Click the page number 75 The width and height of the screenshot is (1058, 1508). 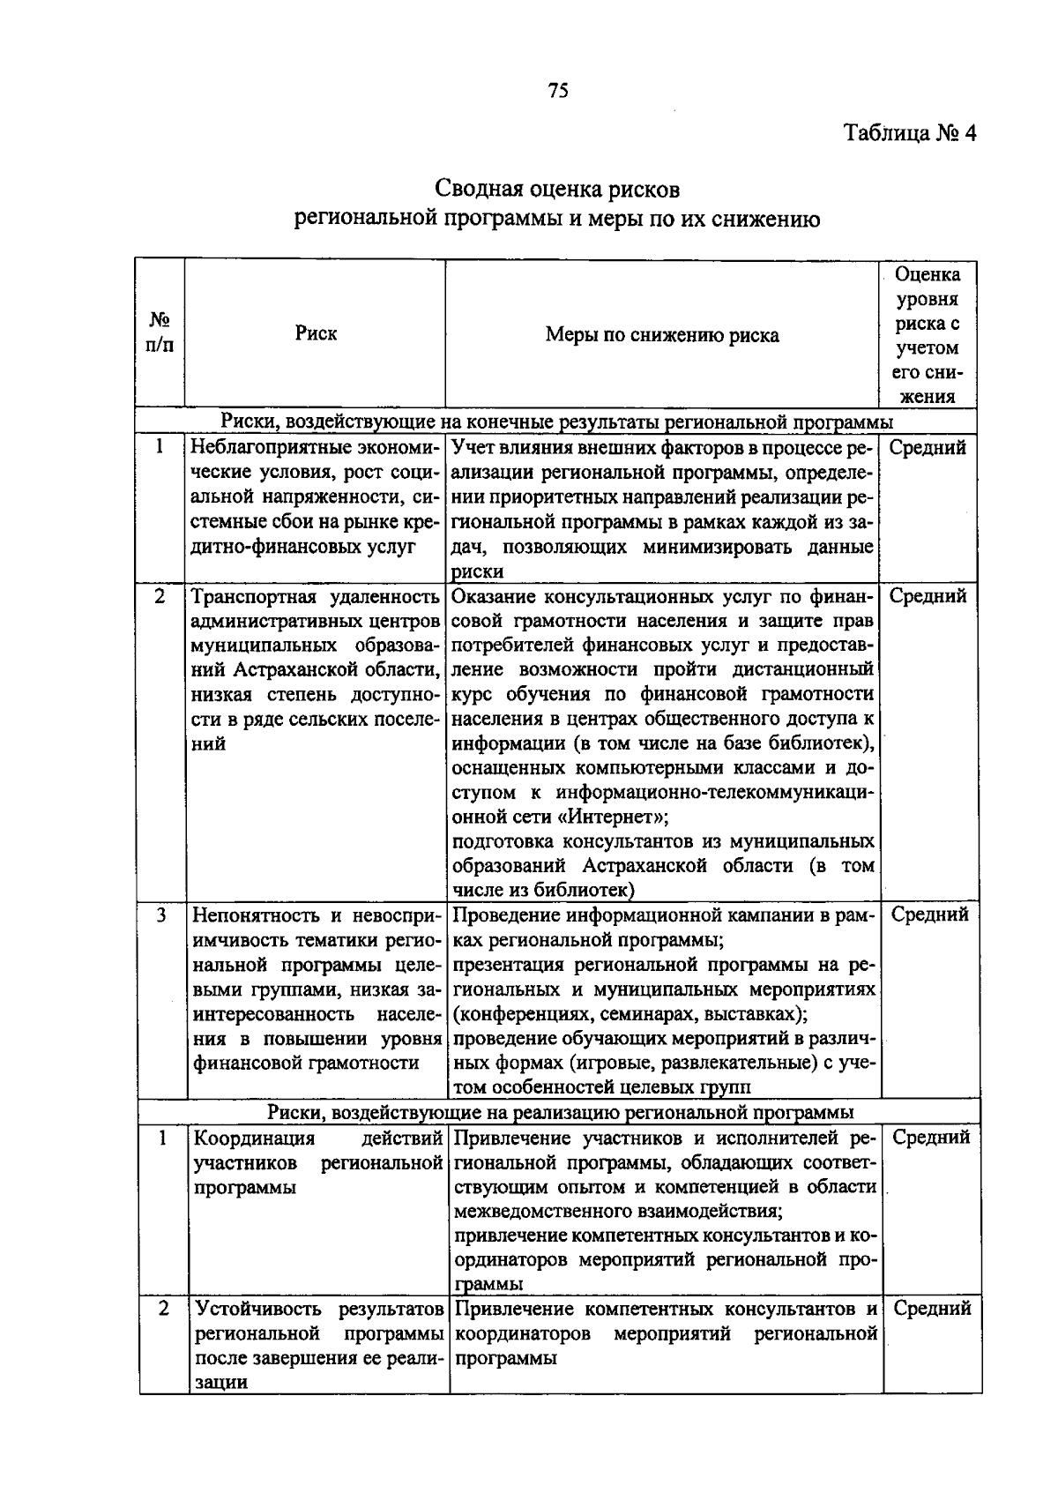pyautogui.click(x=558, y=90)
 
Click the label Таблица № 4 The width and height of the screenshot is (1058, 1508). pyautogui.click(x=911, y=134)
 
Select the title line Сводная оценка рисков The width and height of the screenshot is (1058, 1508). pyautogui.click(x=557, y=189)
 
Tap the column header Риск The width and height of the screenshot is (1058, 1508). pyautogui.click(x=316, y=334)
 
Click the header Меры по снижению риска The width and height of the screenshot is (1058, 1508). pyautogui.click(x=662, y=335)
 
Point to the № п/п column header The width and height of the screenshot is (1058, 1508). pyautogui.click(x=160, y=332)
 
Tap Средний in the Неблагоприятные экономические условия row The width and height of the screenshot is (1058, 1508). pyautogui.click(x=928, y=447)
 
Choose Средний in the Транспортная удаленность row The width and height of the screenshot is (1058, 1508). pyautogui.click(x=928, y=596)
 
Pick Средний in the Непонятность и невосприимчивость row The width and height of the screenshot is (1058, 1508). pyautogui.click(x=929, y=915)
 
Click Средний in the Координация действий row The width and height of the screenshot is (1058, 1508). pyautogui.click(x=931, y=1138)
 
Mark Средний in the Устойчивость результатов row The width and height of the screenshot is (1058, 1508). pyautogui.click(x=932, y=1309)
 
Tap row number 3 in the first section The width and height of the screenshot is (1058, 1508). pyautogui.click(x=160, y=915)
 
